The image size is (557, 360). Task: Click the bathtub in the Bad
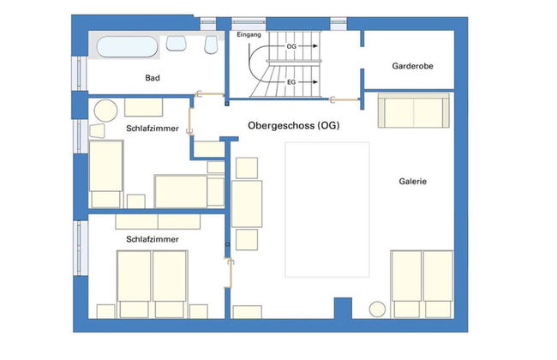[x=128, y=45]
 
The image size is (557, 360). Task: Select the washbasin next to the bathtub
[x=177, y=43]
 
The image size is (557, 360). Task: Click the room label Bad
[x=153, y=78]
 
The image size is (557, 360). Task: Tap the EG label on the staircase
[x=290, y=82]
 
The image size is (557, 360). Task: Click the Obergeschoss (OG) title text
[x=293, y=126]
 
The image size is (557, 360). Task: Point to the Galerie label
[x=412, y=182]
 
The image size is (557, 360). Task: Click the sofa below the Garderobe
[x=412, y=111]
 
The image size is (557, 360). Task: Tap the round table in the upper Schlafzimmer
[x=105, y=111]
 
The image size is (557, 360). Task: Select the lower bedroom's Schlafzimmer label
[x=152, y=240]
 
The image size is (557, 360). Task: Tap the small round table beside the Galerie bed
[x=376, y=310]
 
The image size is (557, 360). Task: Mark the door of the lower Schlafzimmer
[x=229, y=273]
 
